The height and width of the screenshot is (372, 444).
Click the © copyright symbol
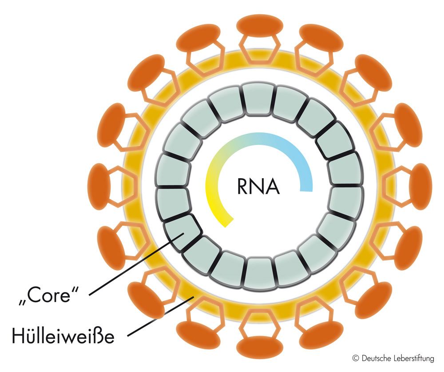click(355, 358)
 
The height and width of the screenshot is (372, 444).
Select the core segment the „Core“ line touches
click(180, 230)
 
